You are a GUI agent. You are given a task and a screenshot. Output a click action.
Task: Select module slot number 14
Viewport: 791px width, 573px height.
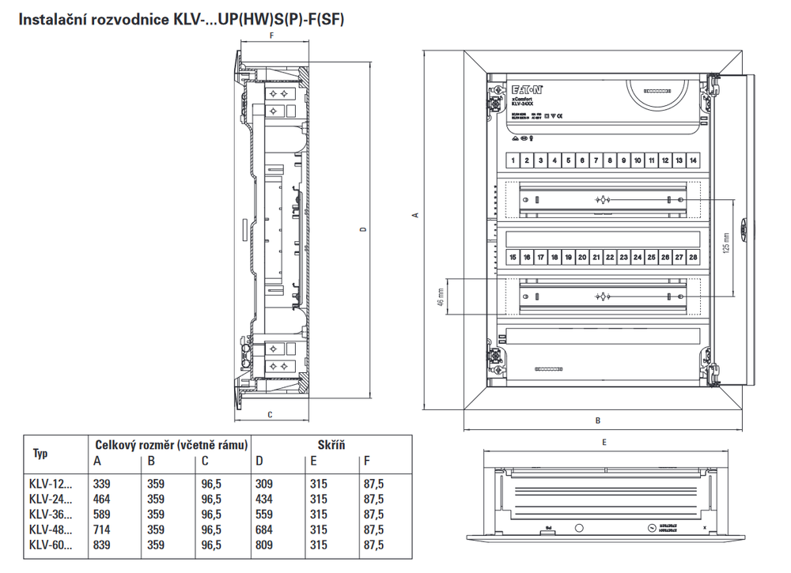click(693, 160)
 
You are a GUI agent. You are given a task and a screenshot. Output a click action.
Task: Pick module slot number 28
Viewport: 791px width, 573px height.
click(693, 257)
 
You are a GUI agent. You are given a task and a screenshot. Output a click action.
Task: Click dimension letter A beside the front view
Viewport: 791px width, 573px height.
click(414, 215)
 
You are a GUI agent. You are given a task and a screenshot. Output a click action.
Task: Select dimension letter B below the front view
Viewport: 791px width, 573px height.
click(598, 420)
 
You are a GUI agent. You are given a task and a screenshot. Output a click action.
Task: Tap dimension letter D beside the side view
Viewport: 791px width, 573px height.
click(363, 230)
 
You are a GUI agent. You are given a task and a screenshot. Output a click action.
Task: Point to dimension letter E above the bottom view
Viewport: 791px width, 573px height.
click(604, 443)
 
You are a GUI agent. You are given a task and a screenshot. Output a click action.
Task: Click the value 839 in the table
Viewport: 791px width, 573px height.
click(104, 545)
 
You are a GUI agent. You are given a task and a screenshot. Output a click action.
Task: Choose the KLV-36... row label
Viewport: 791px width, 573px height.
click(50, 515)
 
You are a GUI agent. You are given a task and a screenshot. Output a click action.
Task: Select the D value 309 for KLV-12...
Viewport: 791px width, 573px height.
click(264, 484)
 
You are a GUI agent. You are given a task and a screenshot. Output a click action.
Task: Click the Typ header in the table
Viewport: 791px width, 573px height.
click(40, 454)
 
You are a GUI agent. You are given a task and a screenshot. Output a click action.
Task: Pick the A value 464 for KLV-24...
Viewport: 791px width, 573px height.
click(104, 499)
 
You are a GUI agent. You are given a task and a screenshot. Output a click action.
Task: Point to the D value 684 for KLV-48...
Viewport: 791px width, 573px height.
click(264, 530)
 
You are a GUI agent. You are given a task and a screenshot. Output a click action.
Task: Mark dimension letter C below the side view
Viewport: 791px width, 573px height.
click(271, 414)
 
